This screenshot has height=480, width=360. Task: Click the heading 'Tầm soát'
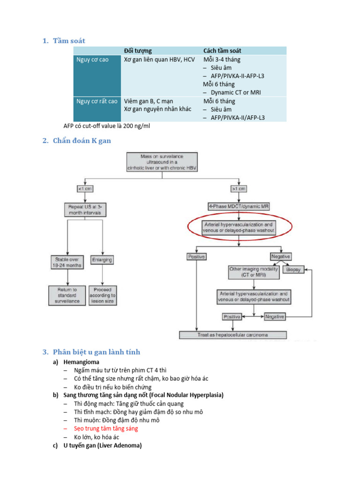tap(69, 41)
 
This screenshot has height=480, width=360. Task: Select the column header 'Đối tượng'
tap(137, 51)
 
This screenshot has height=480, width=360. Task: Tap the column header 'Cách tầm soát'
tap(223, 51)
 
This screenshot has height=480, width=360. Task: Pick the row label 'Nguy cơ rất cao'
tap(97, 101)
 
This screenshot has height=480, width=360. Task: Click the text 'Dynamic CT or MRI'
tap(236, 93)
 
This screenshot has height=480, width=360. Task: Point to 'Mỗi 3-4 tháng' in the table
tap(222, 60)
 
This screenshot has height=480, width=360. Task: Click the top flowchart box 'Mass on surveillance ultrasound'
tap(161, 163)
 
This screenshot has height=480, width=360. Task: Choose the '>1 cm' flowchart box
tap(238, 188)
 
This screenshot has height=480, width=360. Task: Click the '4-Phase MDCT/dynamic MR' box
tap(238, 206)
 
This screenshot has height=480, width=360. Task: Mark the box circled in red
tap(239, 227)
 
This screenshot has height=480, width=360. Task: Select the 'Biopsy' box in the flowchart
tap(294, 270)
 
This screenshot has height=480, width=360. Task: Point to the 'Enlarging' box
tap(102, 259)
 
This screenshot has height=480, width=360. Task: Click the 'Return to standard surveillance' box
tap(67, 296)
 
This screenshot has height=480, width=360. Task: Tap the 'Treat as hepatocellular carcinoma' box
tap(233, 335)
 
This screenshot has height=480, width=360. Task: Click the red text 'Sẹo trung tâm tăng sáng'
tap(106, 428)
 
